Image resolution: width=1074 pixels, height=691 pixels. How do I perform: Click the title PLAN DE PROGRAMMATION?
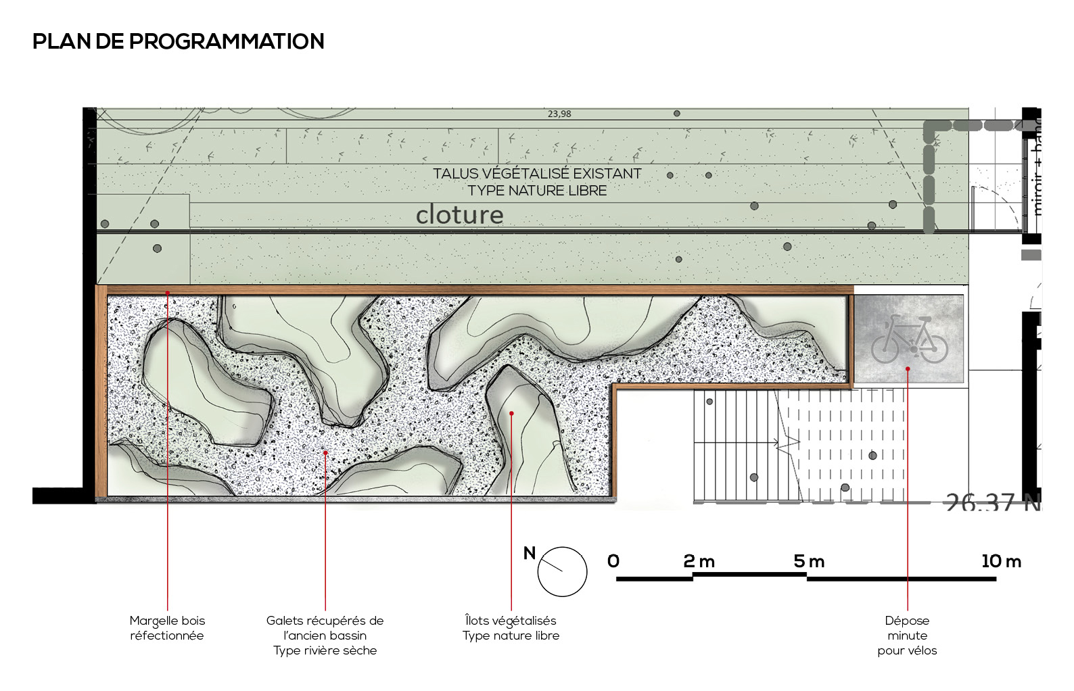point(179,41)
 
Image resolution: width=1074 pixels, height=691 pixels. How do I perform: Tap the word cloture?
point(459,215)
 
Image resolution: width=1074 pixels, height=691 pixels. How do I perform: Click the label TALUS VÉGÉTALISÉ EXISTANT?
point(537,174)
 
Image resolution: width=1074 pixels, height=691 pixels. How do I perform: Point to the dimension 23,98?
point(559,114)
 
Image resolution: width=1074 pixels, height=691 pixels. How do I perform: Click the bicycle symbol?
point(909,338)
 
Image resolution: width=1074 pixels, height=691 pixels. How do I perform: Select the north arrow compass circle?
point(562,571)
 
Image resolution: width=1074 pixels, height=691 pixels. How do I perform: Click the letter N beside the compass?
point(530,554)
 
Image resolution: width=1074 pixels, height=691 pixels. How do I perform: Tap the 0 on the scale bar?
point(613,561)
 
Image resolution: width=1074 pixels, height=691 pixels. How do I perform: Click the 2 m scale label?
point(699,561)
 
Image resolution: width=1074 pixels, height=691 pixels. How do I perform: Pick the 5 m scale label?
point(809,561)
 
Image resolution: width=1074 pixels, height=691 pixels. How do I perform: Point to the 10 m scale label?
point(1001,561)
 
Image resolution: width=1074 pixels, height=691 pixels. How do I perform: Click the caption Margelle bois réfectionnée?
point(167,628)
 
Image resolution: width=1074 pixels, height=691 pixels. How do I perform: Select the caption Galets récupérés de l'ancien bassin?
point(325,635)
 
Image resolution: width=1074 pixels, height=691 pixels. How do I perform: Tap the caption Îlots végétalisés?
point(511,621)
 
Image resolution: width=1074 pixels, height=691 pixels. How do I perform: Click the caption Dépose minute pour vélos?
point(908,636)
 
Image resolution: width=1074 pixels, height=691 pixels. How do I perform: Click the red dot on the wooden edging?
point(168,293)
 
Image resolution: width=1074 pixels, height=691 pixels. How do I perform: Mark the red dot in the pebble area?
point(325,452)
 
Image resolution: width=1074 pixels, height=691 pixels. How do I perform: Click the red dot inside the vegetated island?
point(511,413)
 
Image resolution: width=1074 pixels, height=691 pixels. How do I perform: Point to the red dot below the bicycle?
point(908,368)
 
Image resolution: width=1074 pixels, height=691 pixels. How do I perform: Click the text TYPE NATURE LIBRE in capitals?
point(537,191)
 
